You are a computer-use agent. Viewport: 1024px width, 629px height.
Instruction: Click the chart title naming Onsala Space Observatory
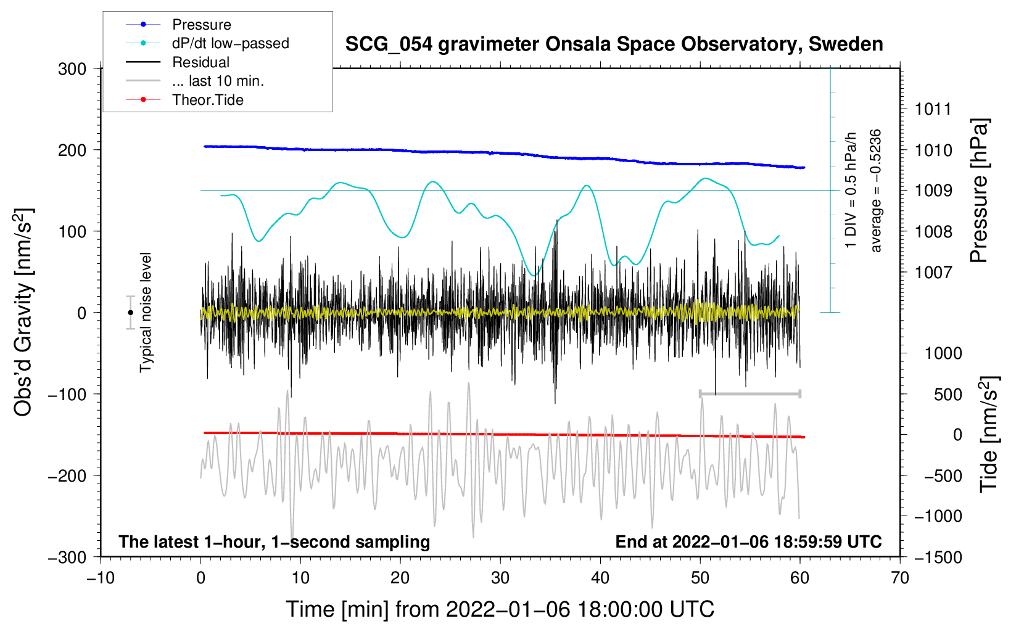(614, 44)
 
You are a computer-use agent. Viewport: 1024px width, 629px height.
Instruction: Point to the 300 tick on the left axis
(72, 69)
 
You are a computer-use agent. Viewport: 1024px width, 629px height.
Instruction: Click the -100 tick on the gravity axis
(68, 394)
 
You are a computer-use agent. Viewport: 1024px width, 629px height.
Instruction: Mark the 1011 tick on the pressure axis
(933, 109)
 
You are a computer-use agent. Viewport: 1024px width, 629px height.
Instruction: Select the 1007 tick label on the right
(933, 273)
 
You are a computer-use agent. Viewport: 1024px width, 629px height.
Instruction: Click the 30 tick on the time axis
(500, 578)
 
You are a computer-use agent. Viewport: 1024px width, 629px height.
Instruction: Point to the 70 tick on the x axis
(900, 578)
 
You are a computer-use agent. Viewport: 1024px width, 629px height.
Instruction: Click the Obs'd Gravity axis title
(23, 312)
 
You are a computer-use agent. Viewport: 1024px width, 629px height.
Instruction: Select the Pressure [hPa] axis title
(979, 191)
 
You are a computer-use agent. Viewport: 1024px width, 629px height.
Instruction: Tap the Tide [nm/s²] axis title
(989, 434)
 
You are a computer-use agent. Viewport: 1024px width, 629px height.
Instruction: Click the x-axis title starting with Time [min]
(500, 609)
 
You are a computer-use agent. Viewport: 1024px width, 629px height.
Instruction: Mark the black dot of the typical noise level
(130, 313)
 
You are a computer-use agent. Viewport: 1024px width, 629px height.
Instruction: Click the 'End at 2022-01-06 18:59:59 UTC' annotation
(748, 541)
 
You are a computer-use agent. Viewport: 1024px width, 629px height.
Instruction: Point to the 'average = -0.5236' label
(875, 191)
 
